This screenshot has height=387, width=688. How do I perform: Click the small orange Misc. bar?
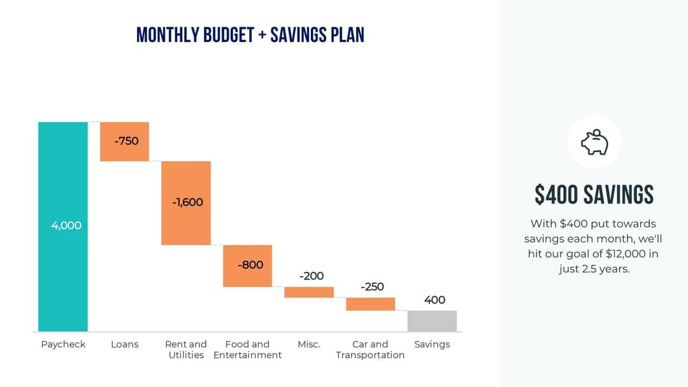pyautogui.click(x=309, y=292)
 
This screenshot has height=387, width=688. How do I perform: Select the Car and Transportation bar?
pyautogui.click(x=370, y=304)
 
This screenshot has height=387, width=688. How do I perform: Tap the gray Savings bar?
pyautogui.click(x=432, y=321)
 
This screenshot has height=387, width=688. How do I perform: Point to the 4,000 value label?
pyautogui.click(x=66, y=225)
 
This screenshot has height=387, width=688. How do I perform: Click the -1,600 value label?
pyautogui.click(x=187, y=202)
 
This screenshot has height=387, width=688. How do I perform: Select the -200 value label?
pyautogui.click(x=312, y=276)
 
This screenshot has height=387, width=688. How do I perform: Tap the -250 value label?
pyautogui.click(x=372, y=287)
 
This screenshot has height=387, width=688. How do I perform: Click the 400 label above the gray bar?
pyautogui.click(x=434, y=300)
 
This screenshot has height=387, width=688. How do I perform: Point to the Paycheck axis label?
pyautogui.click(x=63, y=344)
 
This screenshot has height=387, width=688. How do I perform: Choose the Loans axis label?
pyautogui.click(x=124, y=344)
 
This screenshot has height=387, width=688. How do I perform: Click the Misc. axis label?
pyautogui.click(x=309, y=344)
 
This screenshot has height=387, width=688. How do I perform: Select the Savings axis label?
pyautogui.click(x=432, y=344)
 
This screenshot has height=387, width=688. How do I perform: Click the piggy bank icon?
pyautogui.click(x=594, y=142)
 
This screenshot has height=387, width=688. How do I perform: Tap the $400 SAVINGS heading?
pyautogui.click(x=594, y=195)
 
